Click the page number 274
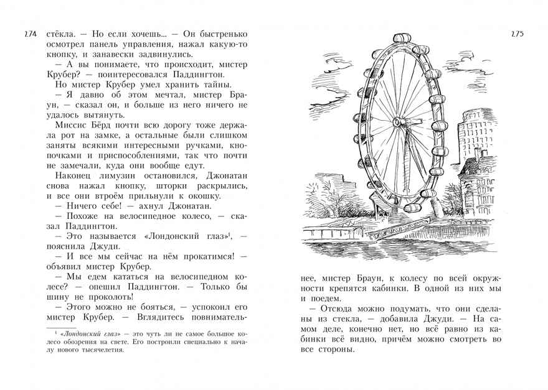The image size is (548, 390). [29, 34]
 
